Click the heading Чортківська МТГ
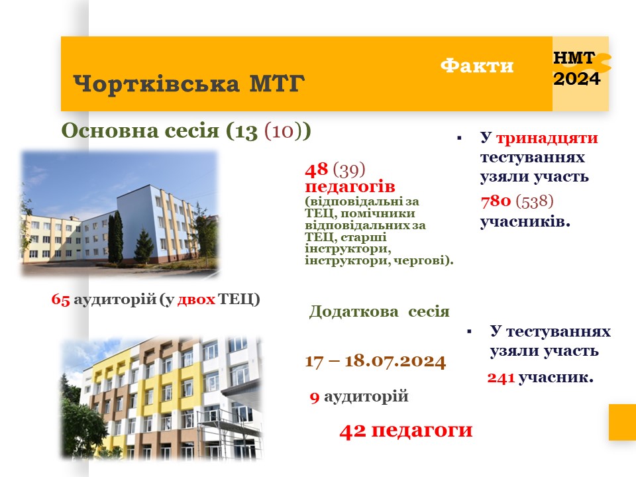[x=189, y=83]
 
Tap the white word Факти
[x=477, y=66]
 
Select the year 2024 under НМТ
[x=577, y=79]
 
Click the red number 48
[x=317, y=170]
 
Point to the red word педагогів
[x=350, y=186]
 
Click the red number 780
[x=496, y=201]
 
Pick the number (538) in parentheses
[x=535, y=201]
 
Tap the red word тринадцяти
[x=547, y=138]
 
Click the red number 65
[x=61, y=299]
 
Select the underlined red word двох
[x=196, y=299]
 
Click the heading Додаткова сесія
[x=379, y=311]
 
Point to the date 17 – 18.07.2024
[x=376, y=360]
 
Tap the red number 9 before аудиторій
[x=315, y=397]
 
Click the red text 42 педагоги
[x=406, y=431]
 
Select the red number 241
[x=501, y=378]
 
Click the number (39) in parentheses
[x=349, y=170]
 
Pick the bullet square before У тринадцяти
[x=459, y=138]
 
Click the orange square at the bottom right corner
[x=622, y=422]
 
